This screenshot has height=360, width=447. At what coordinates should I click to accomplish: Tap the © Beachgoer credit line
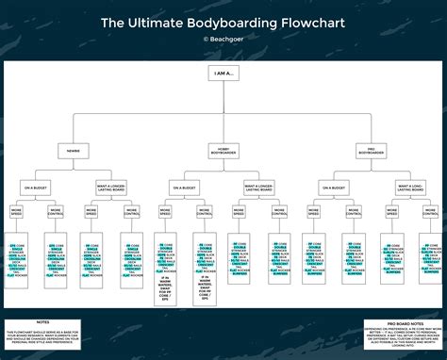[x=223, y=39]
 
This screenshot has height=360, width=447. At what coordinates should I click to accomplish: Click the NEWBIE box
[x=74, y=150]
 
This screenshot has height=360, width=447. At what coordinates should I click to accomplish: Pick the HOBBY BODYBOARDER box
[x=223, y=150]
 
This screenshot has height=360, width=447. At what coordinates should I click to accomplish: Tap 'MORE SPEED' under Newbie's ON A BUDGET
[x=17, y=213]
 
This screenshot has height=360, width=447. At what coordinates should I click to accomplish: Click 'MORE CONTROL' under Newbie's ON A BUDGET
[x=55, y=213]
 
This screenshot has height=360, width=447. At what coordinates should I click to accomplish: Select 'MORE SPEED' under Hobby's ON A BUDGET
[x=164, y=213]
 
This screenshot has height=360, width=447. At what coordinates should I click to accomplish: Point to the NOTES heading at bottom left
[x=43, y=322]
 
